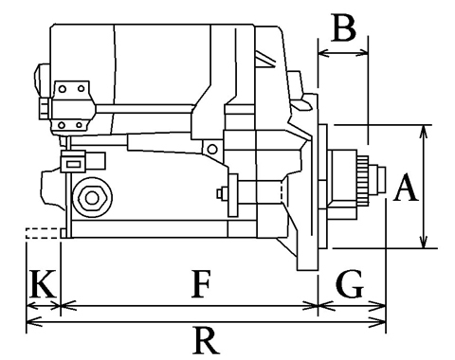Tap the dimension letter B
pos(343,27)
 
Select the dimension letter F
pos(201,284)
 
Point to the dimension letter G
pos(350,284)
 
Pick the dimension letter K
pos(43,284)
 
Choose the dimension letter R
pos(206,341)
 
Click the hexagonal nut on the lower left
pos(92,198)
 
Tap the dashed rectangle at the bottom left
pos(43,233)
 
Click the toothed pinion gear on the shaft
pos(363,180)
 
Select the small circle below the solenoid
pos(212,149)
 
